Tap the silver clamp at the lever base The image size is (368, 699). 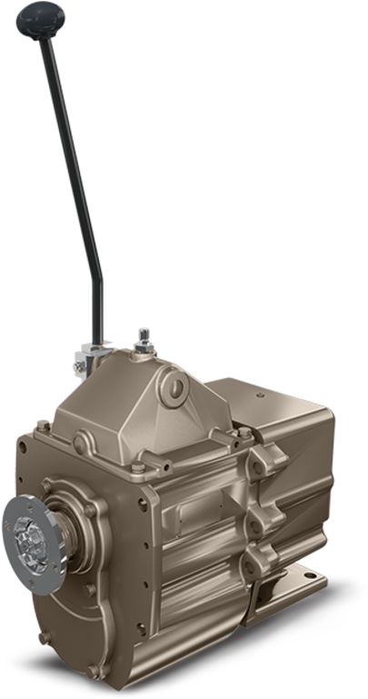tap(92, 355)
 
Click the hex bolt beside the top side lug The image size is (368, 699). tap(234, 452)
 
